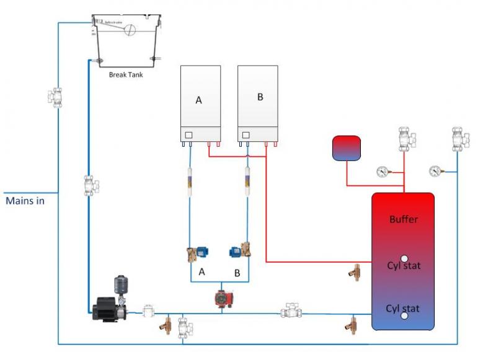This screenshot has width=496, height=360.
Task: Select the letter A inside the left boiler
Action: (198, 100)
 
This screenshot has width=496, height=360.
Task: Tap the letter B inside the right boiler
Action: (260, 97)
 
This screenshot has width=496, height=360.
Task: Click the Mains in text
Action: (25, 201)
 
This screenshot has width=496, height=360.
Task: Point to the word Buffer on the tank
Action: (404, 219)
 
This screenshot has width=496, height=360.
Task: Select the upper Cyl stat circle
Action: (404, 258)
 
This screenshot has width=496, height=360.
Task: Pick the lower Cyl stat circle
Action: (404, 315)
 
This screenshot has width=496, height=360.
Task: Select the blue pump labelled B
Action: (236, 250)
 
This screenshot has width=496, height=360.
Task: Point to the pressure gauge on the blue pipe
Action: (436, 170)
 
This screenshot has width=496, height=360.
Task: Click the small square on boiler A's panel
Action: (188, 134)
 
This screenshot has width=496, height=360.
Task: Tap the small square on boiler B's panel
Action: (246, 134)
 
